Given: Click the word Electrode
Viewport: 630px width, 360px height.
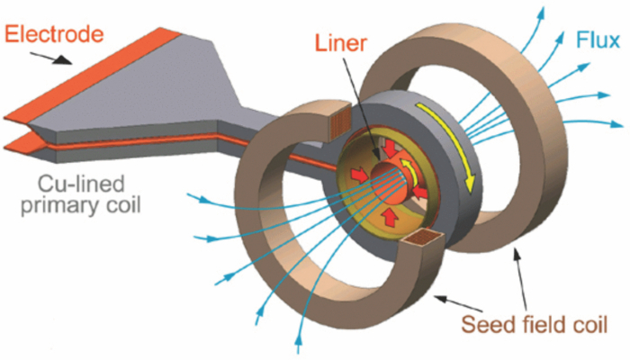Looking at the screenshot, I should pos(55,35).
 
